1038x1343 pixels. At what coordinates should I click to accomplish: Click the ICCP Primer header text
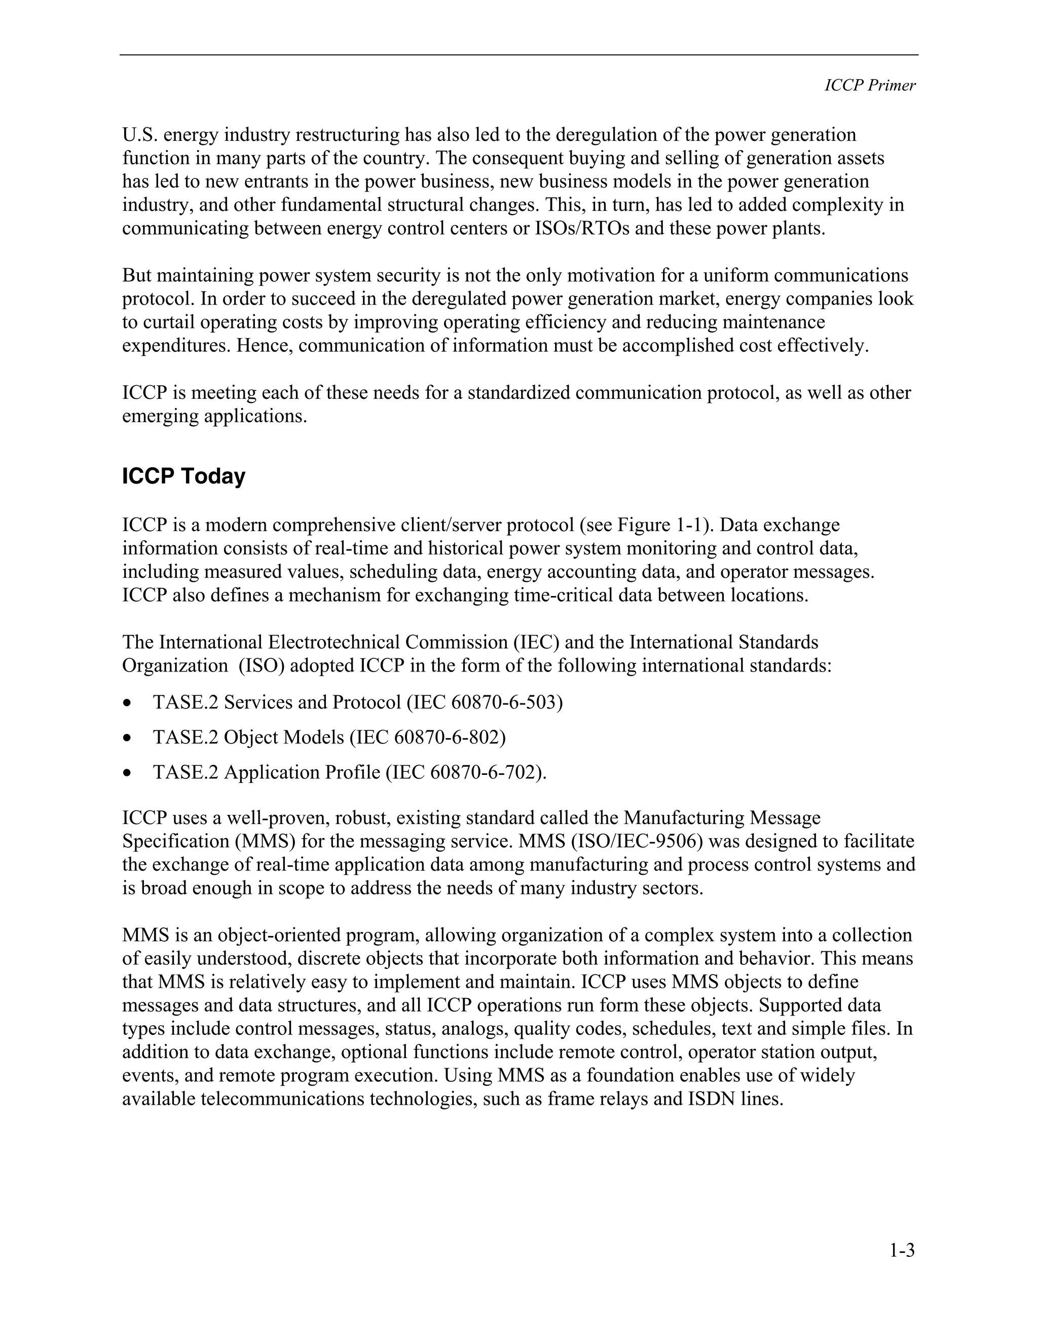click(x=870, y=86)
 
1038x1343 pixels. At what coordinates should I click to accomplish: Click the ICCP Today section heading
click(x=183, y=476)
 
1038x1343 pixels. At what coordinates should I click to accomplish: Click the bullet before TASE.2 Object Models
click(x=127, y=738)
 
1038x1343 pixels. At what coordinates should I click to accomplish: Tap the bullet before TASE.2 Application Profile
click(x=127, y=773)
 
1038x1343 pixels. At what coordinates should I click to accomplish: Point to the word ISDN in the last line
click(x=711, y=1098)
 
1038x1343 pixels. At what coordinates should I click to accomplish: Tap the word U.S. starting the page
click(x=137, y=135)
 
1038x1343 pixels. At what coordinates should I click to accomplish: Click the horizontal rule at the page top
click(x=518, y=55)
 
